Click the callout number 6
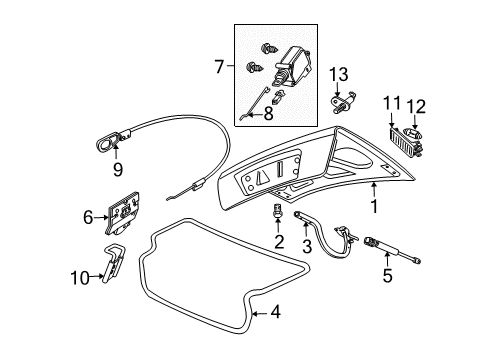click(89, 214)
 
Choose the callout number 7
click(219, 68)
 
